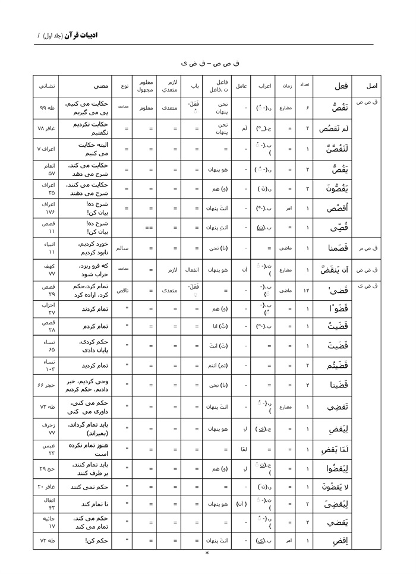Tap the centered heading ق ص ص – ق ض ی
(207, 62)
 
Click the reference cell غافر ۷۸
(46, 128)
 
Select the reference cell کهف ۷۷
(46, 270)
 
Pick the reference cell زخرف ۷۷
(46, 429)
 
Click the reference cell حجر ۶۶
(46, 386)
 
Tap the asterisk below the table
(207, 553)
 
